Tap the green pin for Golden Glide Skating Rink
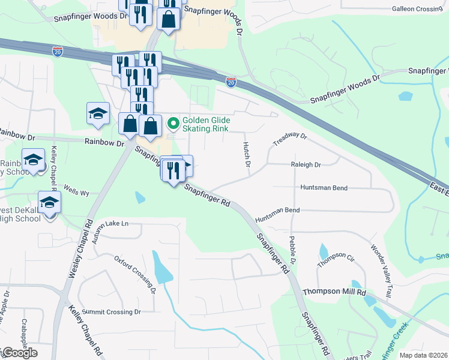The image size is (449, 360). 173,124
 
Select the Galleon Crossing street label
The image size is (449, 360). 417,9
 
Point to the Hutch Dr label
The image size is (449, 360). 246,155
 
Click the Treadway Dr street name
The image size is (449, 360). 290,140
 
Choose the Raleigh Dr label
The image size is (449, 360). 306,164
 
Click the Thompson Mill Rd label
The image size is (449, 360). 334,292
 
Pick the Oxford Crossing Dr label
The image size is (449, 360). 135,274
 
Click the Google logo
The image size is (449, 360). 19,353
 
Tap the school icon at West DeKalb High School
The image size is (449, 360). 49,203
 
